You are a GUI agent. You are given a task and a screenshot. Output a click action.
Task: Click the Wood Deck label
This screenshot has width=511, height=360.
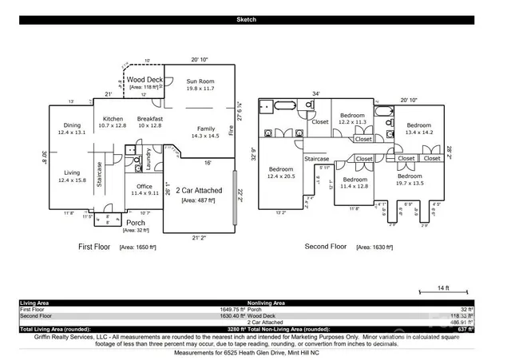coord(145,80)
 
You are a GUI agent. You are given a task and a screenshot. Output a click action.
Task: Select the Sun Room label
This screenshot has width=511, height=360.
coord(201,81)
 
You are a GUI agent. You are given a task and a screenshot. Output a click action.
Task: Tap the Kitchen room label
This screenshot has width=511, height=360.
coord(112,119)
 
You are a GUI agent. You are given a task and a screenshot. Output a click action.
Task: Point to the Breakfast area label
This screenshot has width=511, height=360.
coord(149,119)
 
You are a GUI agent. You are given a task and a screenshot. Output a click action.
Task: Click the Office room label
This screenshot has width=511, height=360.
coord(144,186)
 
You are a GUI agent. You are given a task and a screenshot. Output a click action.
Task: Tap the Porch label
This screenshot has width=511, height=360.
coord(135,223)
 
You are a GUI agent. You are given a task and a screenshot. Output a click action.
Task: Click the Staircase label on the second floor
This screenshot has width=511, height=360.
coord(317,159)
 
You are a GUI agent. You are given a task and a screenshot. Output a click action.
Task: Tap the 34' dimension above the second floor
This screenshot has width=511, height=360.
coord(316,93)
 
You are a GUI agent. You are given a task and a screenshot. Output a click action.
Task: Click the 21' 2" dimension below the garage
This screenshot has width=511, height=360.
coord(200,238)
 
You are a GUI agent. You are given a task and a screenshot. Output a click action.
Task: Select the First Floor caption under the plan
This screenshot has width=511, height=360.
coord(97,247)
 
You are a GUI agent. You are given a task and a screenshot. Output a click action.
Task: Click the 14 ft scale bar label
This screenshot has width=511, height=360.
coord(443,287)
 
